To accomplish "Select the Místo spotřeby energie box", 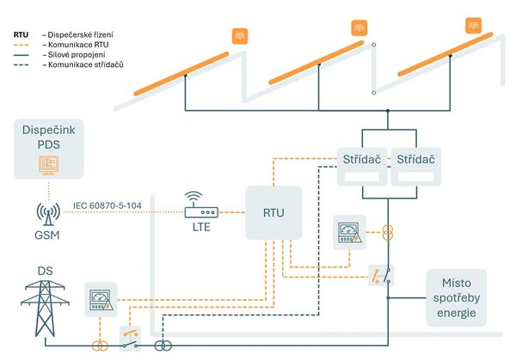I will pyautogui.click(x=456, y=297).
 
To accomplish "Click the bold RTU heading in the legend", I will pyautogui.click(x=21, y=34).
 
